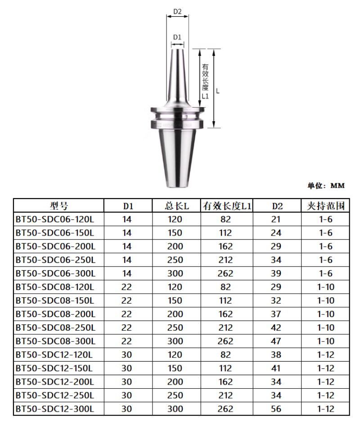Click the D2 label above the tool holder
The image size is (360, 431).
click(177, 12)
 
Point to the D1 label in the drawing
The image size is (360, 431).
click(177, 37)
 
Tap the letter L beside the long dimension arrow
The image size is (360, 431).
click(218, 91)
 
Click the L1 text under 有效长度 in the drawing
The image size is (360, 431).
click(205, 96)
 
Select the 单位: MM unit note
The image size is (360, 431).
click(326, 186)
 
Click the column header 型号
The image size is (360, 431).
click(58, 206)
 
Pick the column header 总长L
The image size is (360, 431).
click(176, 206)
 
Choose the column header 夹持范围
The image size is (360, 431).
click(325, 206)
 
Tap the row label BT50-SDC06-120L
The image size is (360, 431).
click(54, 219)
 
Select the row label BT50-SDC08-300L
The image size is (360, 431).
click(55, 341)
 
